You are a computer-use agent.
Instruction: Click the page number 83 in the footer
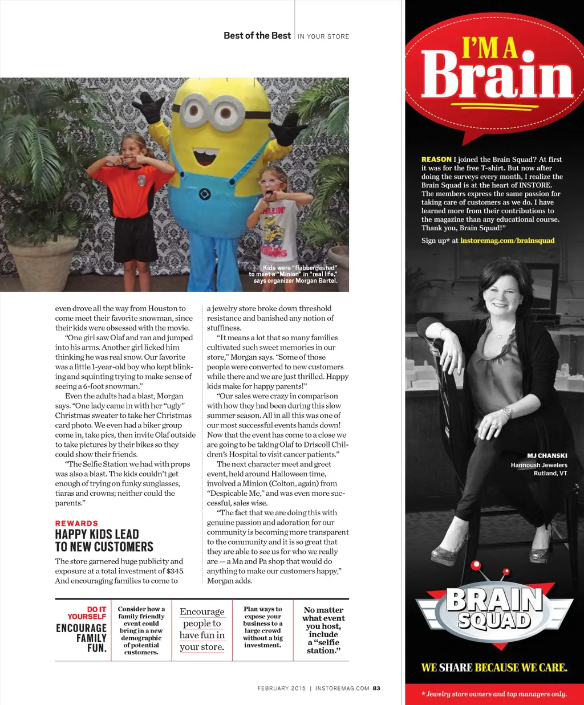376,688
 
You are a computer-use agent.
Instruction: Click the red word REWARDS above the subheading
76,523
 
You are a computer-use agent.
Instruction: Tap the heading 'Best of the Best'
257,35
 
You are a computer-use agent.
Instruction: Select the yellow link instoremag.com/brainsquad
507,241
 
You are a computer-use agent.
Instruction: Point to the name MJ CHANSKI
547,455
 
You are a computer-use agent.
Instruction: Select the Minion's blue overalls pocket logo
205,194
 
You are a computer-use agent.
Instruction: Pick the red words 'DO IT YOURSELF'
87,613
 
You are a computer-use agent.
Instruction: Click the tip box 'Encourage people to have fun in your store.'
202,629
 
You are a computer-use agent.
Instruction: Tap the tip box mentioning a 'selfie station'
323,630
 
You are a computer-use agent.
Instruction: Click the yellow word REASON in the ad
436,160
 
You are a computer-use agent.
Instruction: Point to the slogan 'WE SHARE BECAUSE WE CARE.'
494,667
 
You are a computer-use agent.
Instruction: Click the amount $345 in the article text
175,571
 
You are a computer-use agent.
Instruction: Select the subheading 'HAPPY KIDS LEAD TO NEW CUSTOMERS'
104,540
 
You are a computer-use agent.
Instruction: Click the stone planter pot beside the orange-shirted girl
42,262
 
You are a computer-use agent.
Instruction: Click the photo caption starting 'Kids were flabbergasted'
294,274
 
